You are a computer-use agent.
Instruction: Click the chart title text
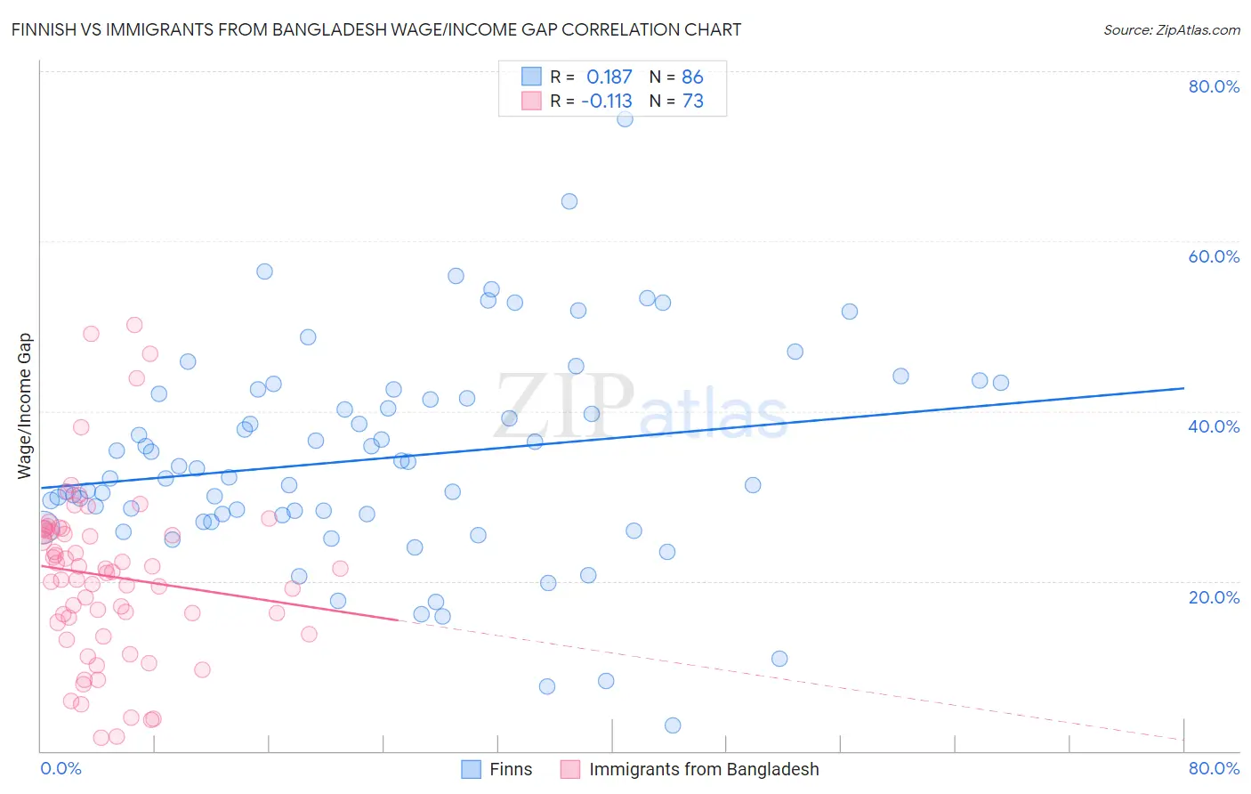click(x=376, y=29)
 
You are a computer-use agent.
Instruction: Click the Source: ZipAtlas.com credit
click(x=1171, y=29)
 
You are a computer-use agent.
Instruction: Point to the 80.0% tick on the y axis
click(x=1214, y=86)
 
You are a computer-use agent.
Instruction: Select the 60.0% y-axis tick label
click(x=1214, y=256)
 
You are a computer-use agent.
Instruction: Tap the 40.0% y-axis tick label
click(x=1214, y=426)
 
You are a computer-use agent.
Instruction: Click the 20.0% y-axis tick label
click(x=1214, y=596)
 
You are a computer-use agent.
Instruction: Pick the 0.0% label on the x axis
click(x=61, y=768)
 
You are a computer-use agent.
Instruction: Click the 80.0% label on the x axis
click(x=1214, y=768)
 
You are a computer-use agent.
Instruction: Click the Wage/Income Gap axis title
click(x=25, y=406)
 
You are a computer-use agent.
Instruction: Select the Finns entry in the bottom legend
click(x=511, y=769)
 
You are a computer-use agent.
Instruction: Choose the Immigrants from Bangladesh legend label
click(x=703, y=769)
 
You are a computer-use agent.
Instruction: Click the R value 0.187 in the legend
click(x=609, y=77)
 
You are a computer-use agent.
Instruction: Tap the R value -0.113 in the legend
click(x=607, y=101)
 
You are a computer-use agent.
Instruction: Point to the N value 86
click(x=692, y=77)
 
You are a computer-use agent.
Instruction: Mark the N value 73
click(x=692, y=101)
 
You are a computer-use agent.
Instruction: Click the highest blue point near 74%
click(x=625, y=118)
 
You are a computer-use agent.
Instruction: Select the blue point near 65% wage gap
click(x=569, y=201)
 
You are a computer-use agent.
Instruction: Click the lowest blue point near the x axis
click(x=673, y=725)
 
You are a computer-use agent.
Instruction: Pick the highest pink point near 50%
click(x=134, y=325)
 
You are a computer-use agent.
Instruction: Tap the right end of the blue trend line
click(x=1183, y=388)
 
